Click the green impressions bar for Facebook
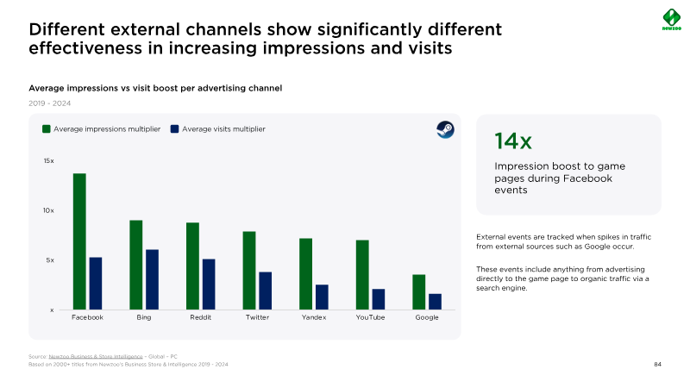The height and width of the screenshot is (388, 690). tap(79, 241)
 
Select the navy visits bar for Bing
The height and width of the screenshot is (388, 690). tap(152, 279)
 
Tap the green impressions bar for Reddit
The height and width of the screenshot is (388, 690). tap(192, 266)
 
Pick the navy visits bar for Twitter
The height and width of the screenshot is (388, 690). tap(266, 291)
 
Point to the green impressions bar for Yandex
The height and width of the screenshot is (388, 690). tap(305, 273)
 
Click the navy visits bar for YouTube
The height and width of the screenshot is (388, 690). tap(379, 299)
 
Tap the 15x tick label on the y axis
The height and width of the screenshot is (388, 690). tap(48, 161)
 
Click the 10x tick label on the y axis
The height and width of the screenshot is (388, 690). tap(48, 210)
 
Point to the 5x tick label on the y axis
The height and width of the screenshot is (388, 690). tap(50, 260)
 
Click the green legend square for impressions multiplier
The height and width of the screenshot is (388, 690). tap(47, 129)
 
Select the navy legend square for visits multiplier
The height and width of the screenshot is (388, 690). tap(174, 129)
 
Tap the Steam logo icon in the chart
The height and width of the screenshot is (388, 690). tap(444, 130)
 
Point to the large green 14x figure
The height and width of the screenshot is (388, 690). tap(513, 141)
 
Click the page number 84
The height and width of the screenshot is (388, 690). tap(657, 365)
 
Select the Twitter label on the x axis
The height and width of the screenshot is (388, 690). tap(257, 317)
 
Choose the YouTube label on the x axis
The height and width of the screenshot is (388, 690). tap(370, 317)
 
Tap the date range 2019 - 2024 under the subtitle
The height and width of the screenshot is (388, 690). tap(50, 103)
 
